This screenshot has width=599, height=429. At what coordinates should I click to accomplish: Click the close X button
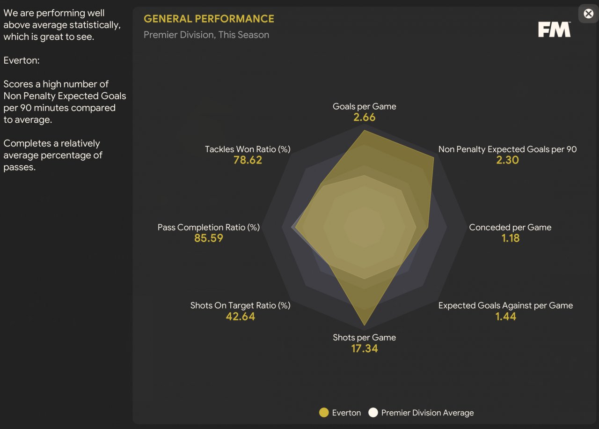coord(588,14)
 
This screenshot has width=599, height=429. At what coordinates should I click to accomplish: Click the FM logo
coord(555,29)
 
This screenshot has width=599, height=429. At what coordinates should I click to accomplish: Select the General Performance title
coord(209,19)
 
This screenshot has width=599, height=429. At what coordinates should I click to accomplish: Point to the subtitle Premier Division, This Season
coord(206,35)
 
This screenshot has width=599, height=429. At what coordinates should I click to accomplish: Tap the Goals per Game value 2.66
coord(364,117)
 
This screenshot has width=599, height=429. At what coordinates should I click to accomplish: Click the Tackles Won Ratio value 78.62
coord(248,160)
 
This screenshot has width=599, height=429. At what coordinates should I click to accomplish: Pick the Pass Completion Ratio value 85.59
coord(209,238)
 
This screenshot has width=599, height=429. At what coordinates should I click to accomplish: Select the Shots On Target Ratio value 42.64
coord(241,316)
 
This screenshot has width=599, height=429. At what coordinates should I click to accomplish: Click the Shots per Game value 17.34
coord(364,348)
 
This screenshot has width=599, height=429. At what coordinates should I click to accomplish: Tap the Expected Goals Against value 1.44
coord(505,316)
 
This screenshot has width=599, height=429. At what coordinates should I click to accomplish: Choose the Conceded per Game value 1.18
coord(510,238)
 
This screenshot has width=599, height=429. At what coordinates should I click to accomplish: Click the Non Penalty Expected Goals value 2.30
coord(507,160)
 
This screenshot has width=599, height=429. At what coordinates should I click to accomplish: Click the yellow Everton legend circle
coord(324,413)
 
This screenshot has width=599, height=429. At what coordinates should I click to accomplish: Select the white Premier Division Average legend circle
coord(373,413)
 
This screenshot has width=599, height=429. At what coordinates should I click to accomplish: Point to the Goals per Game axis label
coord(364,106)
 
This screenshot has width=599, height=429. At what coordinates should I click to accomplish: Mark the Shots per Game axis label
coord(364,338)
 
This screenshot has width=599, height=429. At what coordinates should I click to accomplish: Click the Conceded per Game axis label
coord(510,227)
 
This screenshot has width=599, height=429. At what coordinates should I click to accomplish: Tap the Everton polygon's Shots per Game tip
coord(364,325)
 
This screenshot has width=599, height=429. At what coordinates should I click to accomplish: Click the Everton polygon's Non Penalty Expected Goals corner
coord(433,158)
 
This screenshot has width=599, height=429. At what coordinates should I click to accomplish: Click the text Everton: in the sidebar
coord(22,60)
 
